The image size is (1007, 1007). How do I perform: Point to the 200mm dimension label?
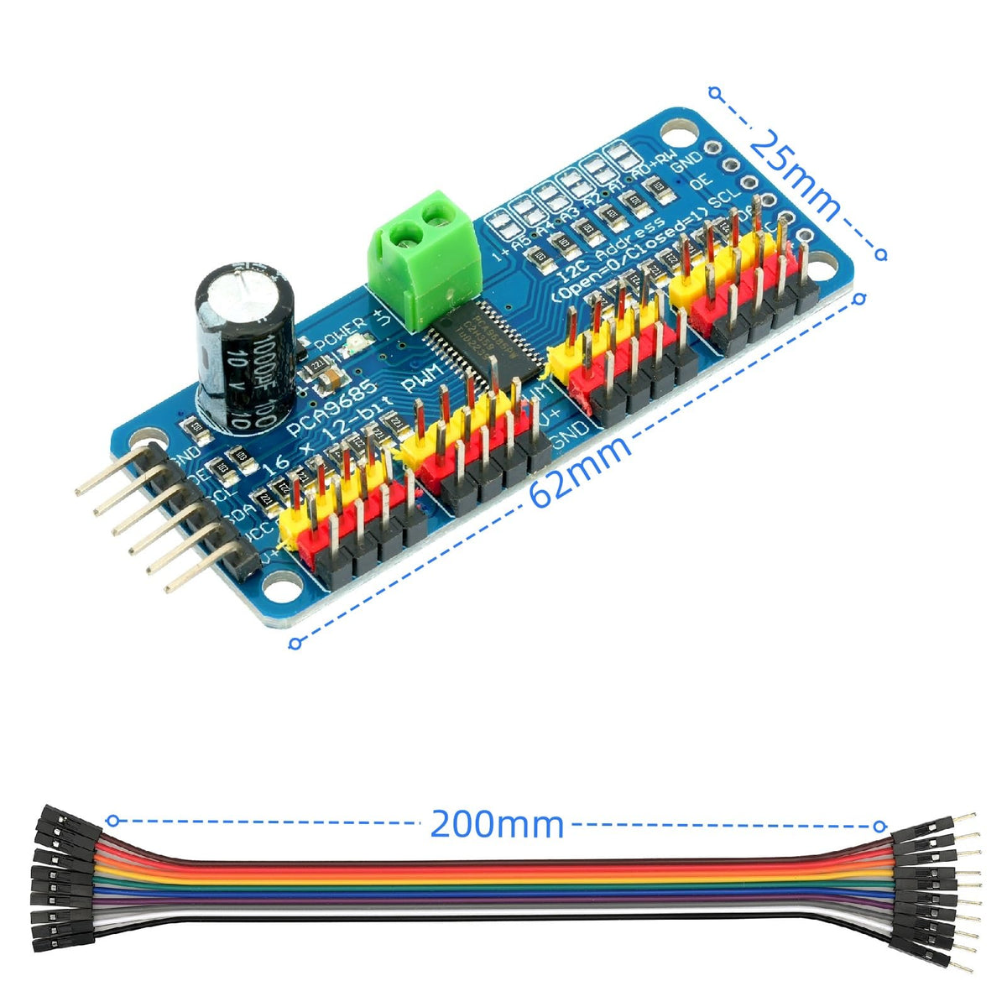pos(497,823)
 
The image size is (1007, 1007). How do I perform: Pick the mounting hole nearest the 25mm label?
pos(681,132)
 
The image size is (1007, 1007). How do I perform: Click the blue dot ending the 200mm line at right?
pos(880,826)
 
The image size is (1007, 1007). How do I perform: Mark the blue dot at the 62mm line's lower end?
pos(295,644)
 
